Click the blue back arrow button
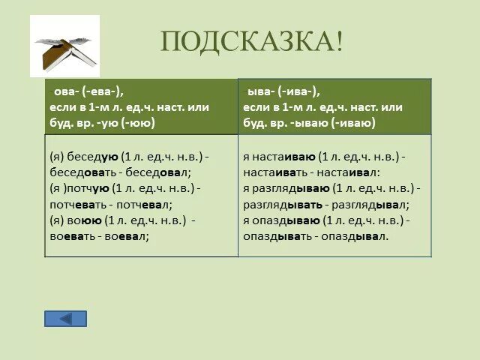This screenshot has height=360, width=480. pyautogui.click(x=65, y=318)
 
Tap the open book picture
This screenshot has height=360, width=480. pyautogui.click(x=64, y=46)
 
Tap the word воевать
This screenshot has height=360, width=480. pyautogui.click(x=73, y=235)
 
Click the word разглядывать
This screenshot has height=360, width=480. pyautogui.click(x=283, y=204)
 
